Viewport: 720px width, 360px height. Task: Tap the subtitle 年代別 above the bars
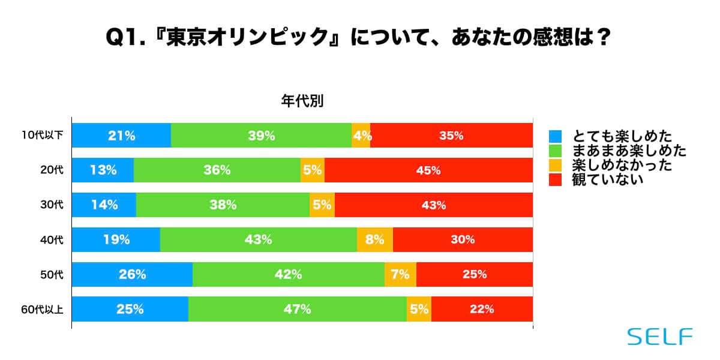[302, 101]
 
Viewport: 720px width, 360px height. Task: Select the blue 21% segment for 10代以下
[121, 136]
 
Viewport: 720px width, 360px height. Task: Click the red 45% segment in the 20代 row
[428, 170]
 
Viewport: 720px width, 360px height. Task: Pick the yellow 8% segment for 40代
[375, 240]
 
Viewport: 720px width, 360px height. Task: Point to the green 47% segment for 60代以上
[298, 310]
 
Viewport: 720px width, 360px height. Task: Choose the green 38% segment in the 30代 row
[223, 205]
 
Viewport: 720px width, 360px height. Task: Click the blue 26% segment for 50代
[132, 275]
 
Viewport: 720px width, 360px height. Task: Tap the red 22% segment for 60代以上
[482, 310]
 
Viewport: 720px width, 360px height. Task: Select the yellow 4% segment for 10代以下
[361, 136]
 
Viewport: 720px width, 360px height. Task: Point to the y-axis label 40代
[54, 240]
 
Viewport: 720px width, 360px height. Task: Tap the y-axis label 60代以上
[46, 310]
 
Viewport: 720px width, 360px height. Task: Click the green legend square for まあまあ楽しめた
[556, 150]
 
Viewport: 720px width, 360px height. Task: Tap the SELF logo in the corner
[659, 337]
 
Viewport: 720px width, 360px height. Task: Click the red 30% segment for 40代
[463, 240]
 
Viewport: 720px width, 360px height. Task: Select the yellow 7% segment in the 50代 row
[400, 275]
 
